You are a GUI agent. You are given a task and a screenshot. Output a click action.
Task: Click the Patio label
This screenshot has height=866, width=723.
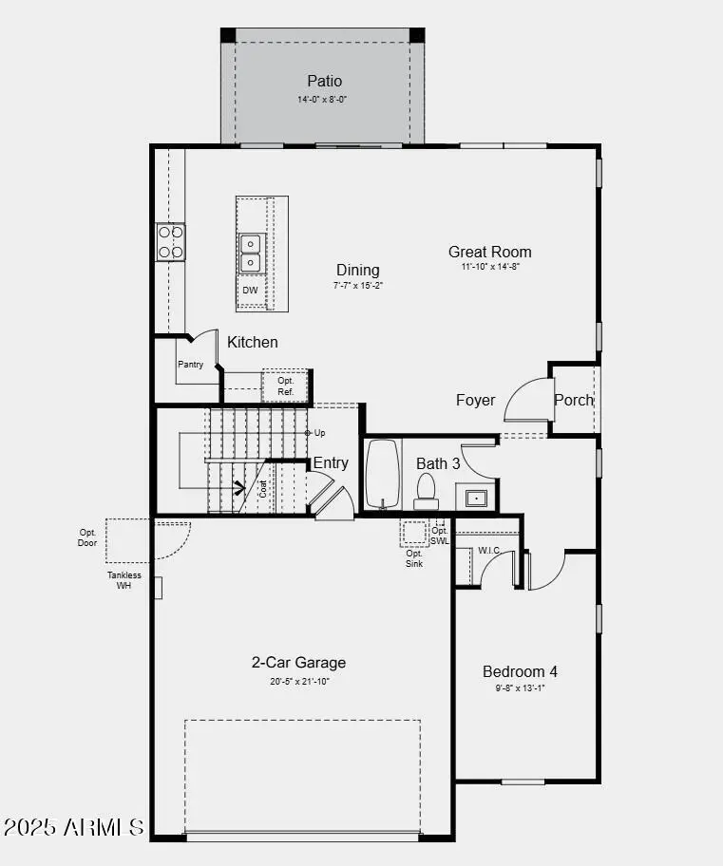coord(324,82)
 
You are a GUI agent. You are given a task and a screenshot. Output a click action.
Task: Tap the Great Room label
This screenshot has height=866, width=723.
coord(489,252)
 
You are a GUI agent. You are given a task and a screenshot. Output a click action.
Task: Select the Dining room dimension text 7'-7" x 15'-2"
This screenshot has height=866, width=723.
coord(357,285)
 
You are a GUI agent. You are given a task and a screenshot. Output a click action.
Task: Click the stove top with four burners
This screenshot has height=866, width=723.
coord(171,241)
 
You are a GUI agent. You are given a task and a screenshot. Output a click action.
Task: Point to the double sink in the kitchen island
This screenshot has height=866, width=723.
coord(250,253)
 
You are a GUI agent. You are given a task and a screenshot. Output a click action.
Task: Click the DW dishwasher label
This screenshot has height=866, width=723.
coord(250,291)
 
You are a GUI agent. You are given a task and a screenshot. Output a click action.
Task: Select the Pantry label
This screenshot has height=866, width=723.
coord(190,365)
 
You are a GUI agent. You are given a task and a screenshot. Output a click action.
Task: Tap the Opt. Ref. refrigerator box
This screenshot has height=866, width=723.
coord(286,386)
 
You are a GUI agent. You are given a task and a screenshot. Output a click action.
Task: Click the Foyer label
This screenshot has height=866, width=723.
coord(475,400)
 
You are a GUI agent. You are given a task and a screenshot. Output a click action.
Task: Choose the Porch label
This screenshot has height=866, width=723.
coord(574,400)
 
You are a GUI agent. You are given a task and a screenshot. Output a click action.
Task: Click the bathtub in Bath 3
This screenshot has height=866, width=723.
coord(382,474)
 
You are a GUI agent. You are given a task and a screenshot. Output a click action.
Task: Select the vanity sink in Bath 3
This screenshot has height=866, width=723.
coord(475,497)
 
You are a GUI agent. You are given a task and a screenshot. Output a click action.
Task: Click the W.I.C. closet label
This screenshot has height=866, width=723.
coord(489,550)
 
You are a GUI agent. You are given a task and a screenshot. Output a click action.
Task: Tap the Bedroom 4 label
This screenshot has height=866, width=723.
coord(520,671)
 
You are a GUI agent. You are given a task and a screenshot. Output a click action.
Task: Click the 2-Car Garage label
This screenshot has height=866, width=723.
coord(298,663)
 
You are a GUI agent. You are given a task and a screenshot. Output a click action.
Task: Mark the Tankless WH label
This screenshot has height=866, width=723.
coord(124,580)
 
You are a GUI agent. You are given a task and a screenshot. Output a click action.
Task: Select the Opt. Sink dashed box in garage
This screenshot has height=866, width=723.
coord(414,533)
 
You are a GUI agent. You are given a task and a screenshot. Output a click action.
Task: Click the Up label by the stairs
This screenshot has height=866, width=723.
coord(320,433)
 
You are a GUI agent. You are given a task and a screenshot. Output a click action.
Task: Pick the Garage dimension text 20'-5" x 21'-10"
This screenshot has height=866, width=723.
coord(298,681)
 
